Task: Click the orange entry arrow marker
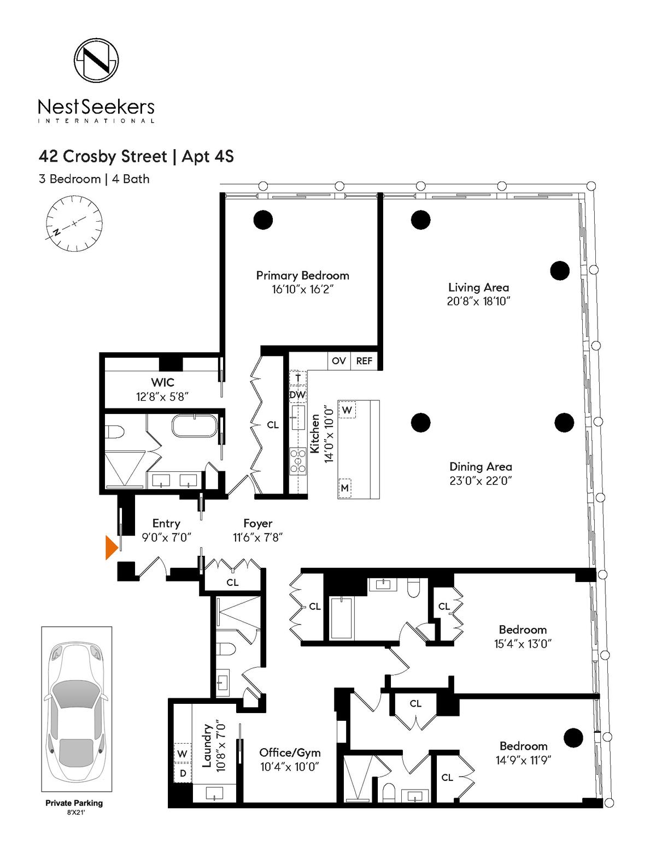pos(112,548)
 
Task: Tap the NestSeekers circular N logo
pos(96,61)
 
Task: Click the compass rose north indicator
pos(57,232)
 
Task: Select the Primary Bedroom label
pos(302,276)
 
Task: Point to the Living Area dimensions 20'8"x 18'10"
pos(479,301)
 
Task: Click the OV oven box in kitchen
pos(339,361)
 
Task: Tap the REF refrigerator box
pos(364,361)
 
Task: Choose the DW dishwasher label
pos(298,395)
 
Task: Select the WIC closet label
pos(162,382)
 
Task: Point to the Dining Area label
pos(481,467)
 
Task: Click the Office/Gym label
pos(290,753)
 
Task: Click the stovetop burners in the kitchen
pos(298,461)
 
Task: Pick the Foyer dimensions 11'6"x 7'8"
pos(258,537)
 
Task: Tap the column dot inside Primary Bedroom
pos(263,220)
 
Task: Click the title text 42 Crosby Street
pos(103,157)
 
